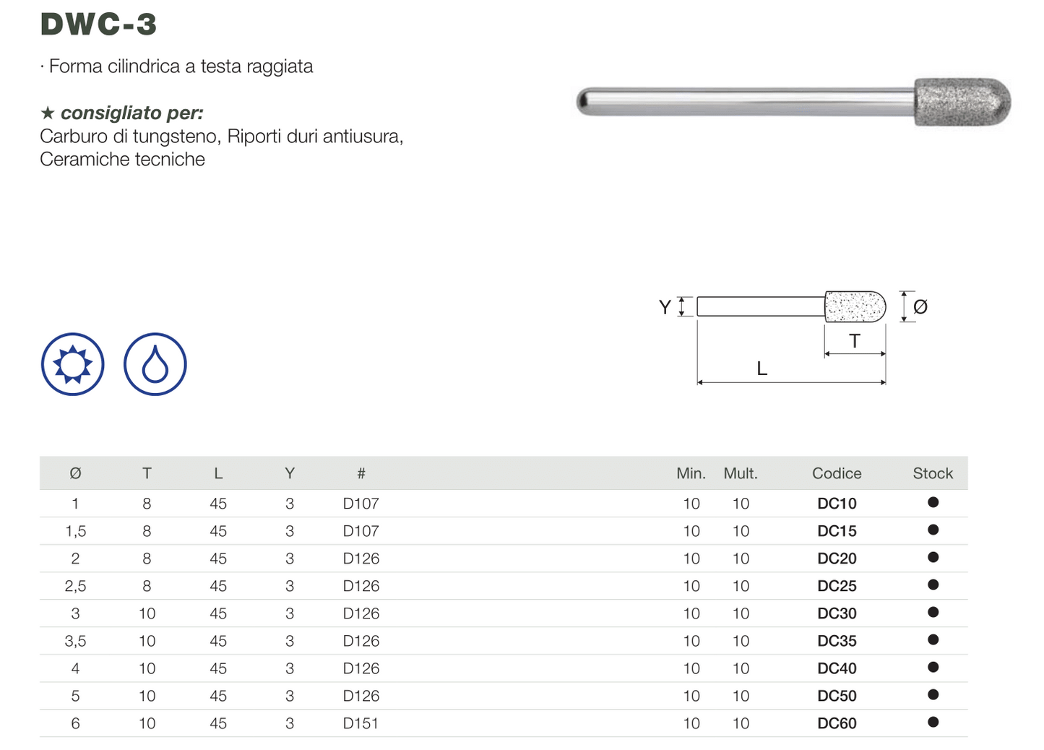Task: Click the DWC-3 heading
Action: tap(98, 24)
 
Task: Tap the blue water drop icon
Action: tap(155, 364)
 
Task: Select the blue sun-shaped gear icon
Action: tap(73, 364)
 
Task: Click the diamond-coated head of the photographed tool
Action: tap(962, 102)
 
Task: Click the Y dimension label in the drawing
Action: tap(665, 307)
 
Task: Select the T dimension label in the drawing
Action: tap(854, 341)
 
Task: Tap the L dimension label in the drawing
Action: tap(762, 368)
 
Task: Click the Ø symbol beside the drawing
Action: tap(920, 306)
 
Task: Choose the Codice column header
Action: tap(837, 473)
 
